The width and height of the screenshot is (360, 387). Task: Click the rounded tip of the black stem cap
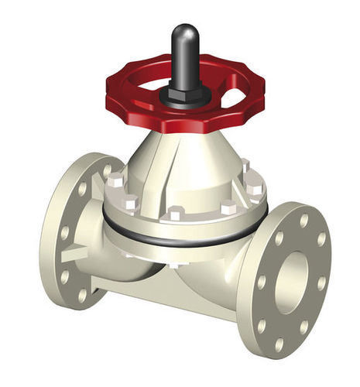point(184,33)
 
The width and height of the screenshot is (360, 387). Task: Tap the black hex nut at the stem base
point(185,95)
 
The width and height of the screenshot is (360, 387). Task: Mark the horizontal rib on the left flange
point(77,252)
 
